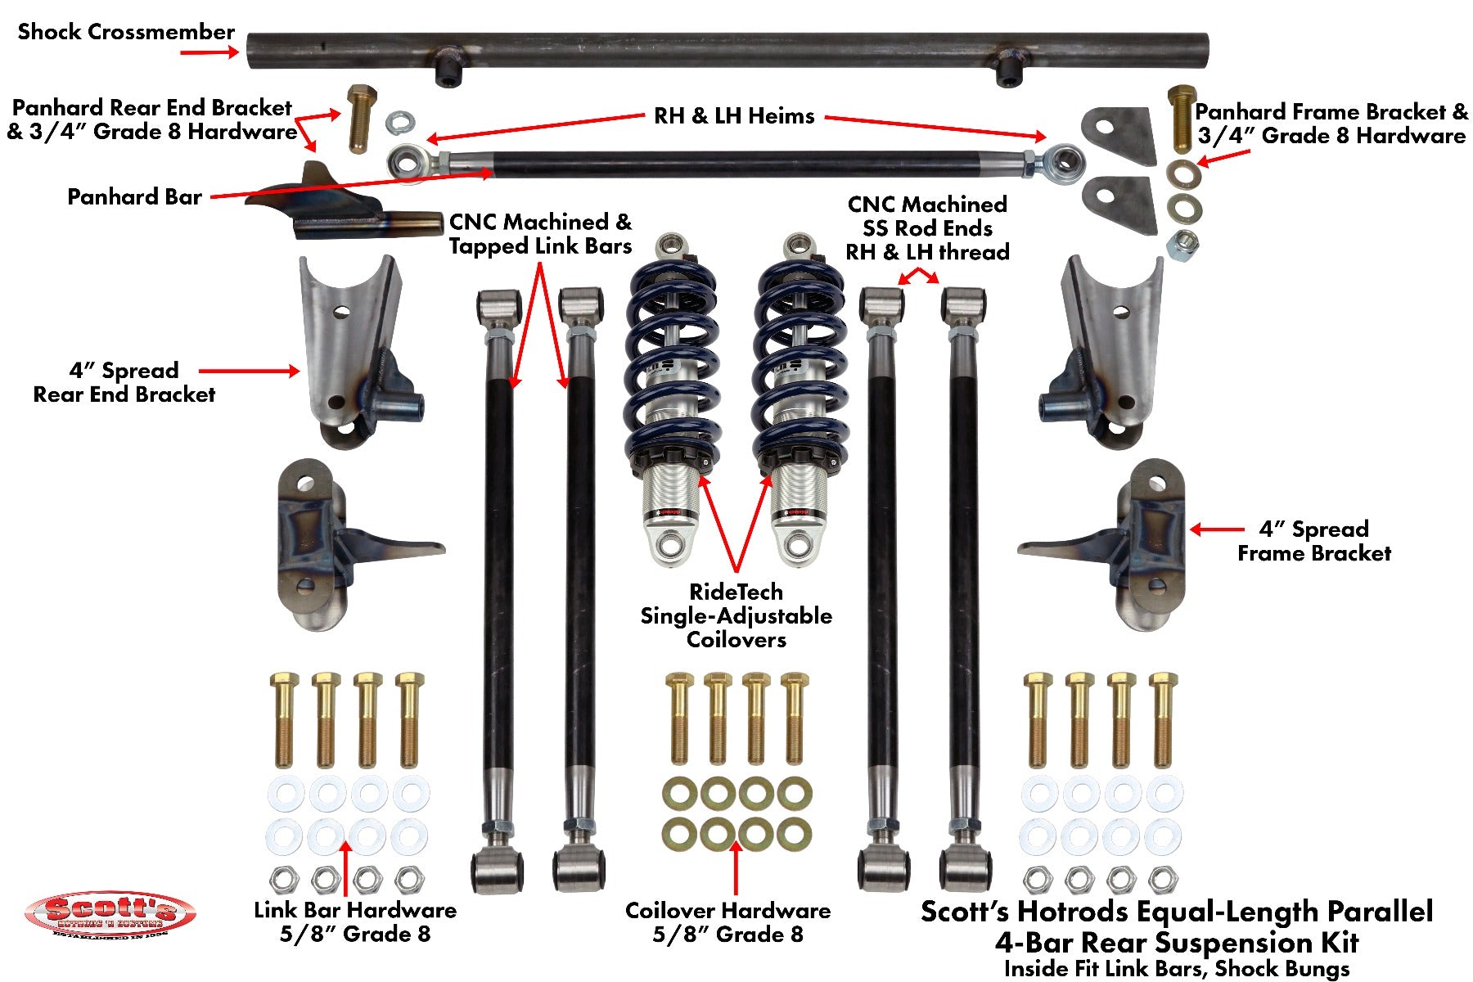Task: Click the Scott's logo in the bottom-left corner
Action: [110, 915]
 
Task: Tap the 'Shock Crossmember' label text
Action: [126, 32]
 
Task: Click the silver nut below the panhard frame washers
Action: [1182, 245]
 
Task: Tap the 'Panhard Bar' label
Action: [134, 197]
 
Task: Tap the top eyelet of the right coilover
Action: [796, 245]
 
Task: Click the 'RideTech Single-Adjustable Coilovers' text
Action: [736, 615]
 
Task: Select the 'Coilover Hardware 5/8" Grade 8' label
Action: [727, 922]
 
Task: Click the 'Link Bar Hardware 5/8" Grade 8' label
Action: [354, 922]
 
